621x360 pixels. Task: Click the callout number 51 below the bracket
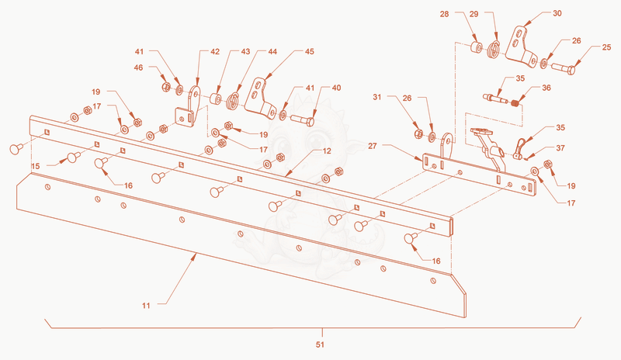click(320, 344)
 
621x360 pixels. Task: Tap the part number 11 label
click(146, 306)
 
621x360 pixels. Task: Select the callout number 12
click(327, 151)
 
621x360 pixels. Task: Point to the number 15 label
click(36, 166)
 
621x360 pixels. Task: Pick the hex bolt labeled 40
click(303, 119)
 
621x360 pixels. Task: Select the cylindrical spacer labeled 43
click(216, 99)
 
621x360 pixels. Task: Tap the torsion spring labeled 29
click(493, 50)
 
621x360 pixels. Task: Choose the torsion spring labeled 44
click(234, 102)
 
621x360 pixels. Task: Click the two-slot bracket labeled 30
click(522, 47)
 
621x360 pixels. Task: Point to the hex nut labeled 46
click(166, 86)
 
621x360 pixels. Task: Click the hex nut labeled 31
click(418, 134)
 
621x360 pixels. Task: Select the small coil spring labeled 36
click(515, 103)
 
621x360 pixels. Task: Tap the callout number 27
click(373, 146)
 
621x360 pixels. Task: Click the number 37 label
click(560, 148)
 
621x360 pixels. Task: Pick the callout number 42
click(215, 51)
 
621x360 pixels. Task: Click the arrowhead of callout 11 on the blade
click(196, 256)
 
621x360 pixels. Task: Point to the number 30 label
click(557, 13)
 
